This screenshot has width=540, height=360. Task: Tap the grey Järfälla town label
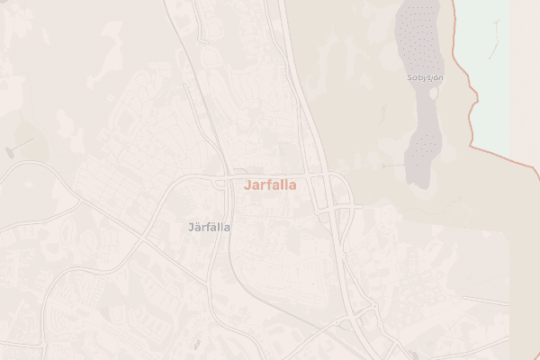[x=209, y=227]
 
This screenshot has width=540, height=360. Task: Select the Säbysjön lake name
[x=426, y=78]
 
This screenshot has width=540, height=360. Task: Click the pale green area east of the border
[x=490, y=72]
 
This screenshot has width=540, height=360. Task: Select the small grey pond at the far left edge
[x=11, y=151]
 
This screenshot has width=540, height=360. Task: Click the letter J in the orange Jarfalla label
[x=247, y=183]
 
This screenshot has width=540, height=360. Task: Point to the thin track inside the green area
[x=494, y=49]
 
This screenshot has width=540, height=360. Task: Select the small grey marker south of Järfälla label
[x=195, y=343]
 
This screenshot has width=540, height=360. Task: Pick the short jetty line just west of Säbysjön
[x=393, y=166]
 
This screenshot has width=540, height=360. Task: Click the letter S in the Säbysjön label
[x=409, y=78]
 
